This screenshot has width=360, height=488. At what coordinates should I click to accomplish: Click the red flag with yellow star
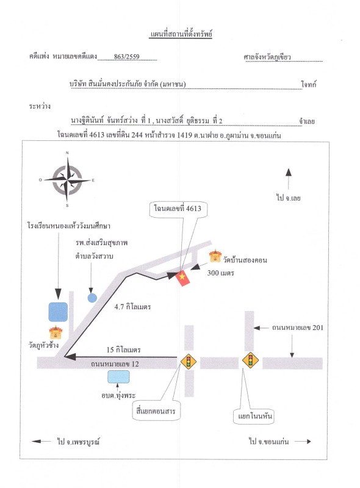click(x=182, y=278)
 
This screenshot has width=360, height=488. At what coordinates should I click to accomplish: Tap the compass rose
click(x=67, y=180)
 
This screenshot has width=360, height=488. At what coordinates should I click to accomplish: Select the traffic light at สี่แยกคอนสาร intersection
click(x=189, y=361)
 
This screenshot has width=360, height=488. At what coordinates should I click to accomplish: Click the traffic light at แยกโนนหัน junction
click(x=250, y=361)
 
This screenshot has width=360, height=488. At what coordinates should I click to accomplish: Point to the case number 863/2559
click(x=127, y=57)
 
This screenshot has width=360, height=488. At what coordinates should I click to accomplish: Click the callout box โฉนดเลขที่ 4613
click(x=178, y=209)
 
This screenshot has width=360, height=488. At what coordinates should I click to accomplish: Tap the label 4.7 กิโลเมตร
click(x=132, y=307)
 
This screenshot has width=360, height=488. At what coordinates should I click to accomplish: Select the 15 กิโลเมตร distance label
click(x=124, y=350)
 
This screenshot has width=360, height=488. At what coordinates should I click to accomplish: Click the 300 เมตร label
click(x=221, y=273)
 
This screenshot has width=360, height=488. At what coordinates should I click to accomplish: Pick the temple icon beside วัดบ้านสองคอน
click(x=215, y=256)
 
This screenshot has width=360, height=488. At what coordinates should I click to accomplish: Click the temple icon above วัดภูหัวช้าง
click(x=56, y=332)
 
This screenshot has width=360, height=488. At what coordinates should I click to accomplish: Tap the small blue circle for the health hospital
click(x=92, y=298)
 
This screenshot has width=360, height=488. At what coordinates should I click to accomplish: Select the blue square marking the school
click(x=58, y=312)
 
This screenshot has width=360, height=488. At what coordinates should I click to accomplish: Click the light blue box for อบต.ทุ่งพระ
click(x=118, y=377)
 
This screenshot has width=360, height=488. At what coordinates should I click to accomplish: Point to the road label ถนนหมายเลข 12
click(x=115, y=364)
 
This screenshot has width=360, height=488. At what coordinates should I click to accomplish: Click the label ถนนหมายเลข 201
click(x=298, y=328)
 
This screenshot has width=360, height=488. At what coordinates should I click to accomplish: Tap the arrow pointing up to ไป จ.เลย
click(x=289, y=179)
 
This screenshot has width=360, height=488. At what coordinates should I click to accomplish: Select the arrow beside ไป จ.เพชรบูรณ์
click(x=41, y=441)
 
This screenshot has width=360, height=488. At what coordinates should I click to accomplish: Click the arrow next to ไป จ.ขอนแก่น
click(x=303, y=441)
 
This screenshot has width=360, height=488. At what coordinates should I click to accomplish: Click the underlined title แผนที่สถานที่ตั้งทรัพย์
click(x=181, y=34)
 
